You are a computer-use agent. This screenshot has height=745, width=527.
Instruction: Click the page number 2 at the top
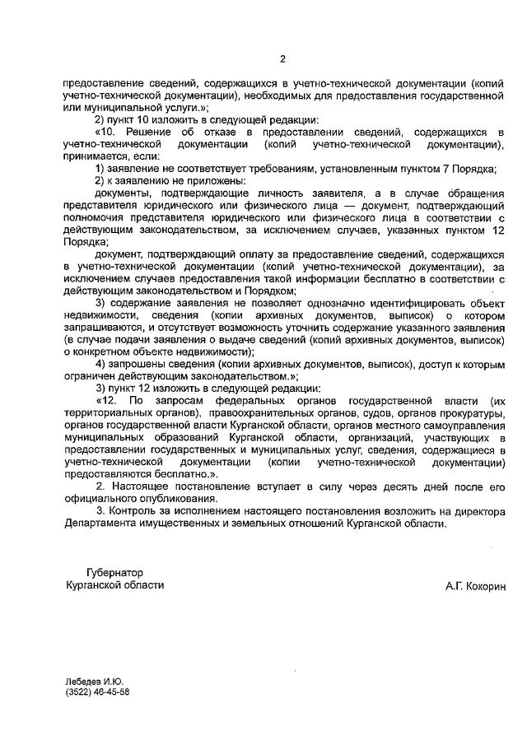[x=282, y=58]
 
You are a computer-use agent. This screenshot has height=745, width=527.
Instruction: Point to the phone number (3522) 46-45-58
[x=97, y=692]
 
